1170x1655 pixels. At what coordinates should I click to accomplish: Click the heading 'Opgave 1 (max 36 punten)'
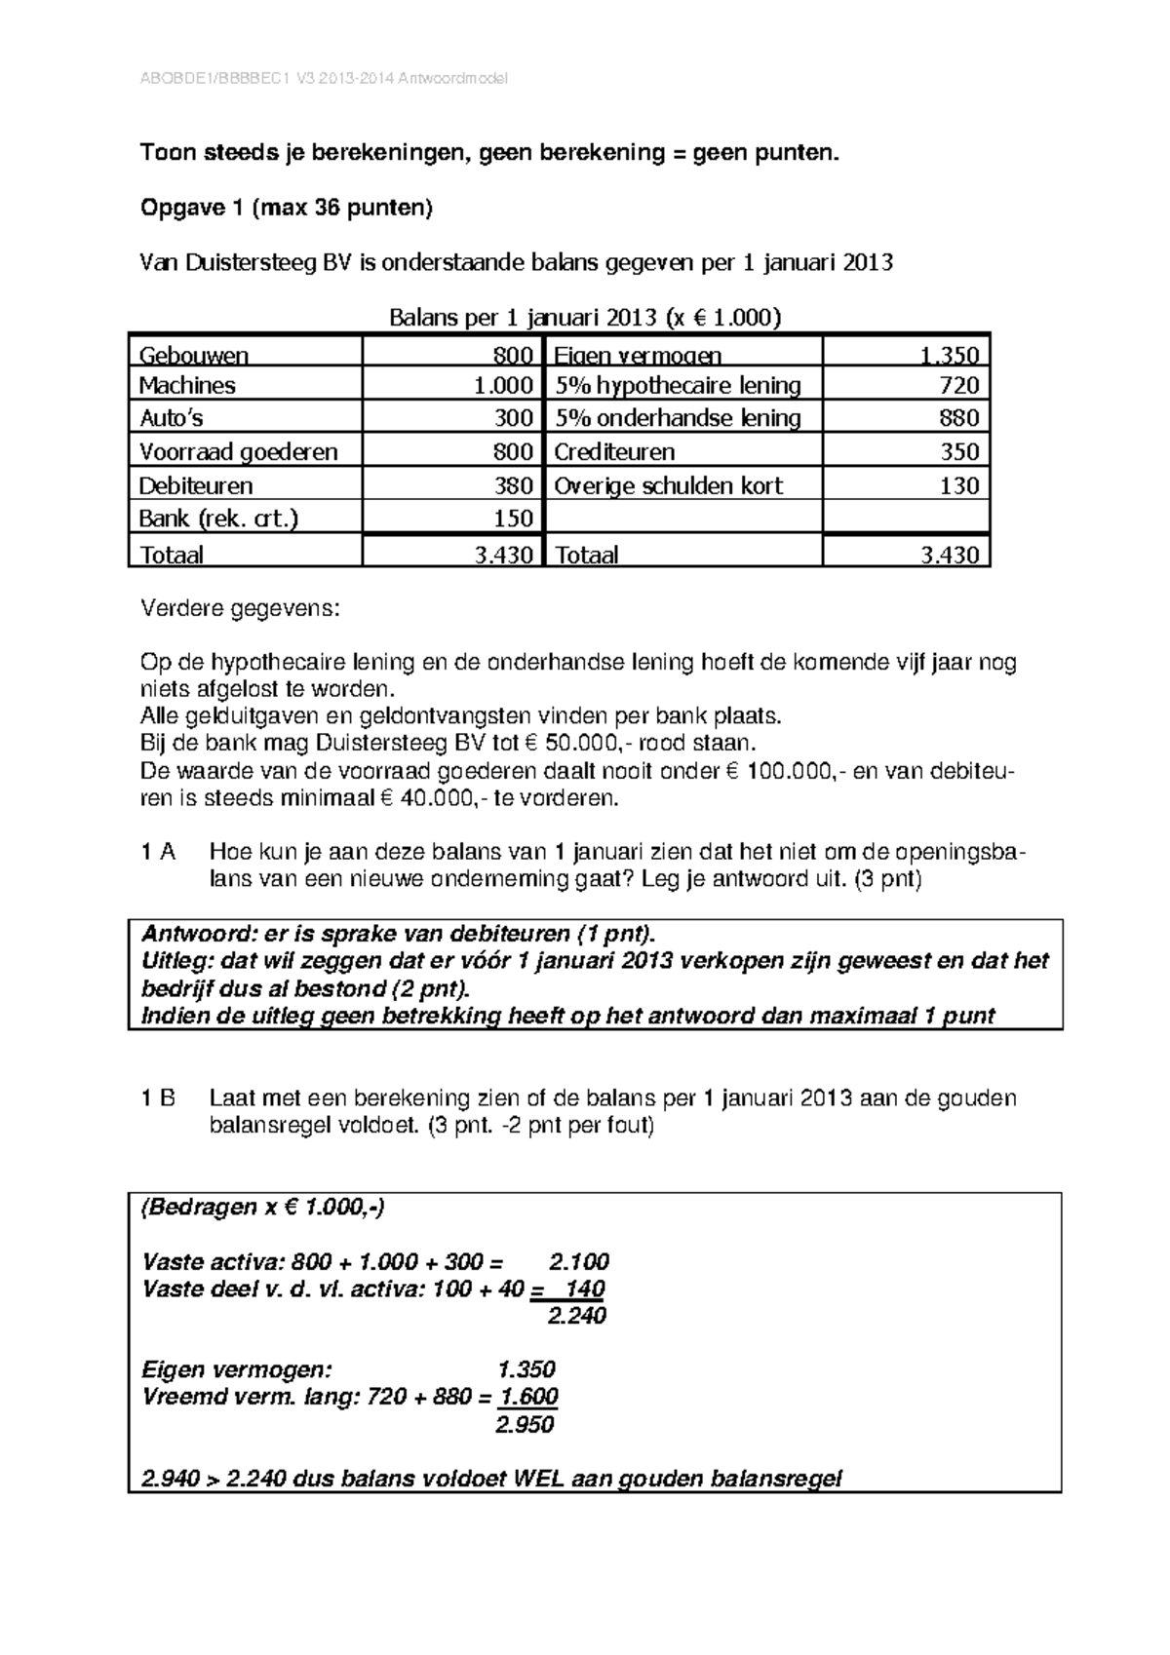coord(287,208)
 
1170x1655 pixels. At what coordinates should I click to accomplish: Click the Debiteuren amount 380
coord(513,485)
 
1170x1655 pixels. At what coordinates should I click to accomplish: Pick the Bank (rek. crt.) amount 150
coord(513,519)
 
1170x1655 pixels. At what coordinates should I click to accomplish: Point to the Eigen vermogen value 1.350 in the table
coord(949,355)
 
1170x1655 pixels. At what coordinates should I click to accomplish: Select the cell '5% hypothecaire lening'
coord(678,386)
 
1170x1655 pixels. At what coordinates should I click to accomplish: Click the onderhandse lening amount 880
coord(958,418)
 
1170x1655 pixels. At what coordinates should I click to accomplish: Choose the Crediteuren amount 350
coord(958,452)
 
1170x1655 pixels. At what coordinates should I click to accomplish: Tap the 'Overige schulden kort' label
coord(668,485)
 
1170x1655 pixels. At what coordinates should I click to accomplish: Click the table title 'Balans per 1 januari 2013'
coord(585,318)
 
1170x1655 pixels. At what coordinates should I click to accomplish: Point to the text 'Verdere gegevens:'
coord(241,609)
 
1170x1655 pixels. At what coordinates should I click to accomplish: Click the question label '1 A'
coord(158,852)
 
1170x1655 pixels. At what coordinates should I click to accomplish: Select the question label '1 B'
coord(158,1098)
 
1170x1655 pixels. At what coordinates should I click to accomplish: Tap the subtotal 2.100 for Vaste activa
coord(578,1261)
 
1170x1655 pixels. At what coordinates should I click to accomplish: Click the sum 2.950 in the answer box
coord(524,1425)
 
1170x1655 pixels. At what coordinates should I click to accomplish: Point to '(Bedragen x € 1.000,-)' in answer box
coord(263,1208)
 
